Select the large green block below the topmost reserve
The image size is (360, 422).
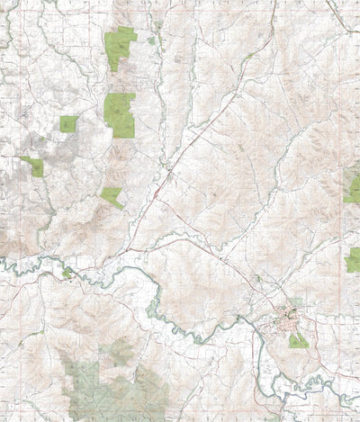click(119, 113)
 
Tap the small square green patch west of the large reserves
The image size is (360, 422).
click(68, 124)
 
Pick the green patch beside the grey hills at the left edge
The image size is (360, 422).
click(34, 166)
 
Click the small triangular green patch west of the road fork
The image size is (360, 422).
click(112, 197)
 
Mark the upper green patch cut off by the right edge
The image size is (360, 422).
click(353, 189)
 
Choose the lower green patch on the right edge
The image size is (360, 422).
click(353, 260)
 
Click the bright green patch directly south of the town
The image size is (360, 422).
click(298, 341)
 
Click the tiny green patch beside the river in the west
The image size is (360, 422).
click(67, 272)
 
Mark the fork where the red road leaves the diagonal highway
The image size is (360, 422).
click(155, 194)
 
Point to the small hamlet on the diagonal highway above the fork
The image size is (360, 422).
click(169, 168)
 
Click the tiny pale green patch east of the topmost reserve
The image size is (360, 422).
click(151, 40)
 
